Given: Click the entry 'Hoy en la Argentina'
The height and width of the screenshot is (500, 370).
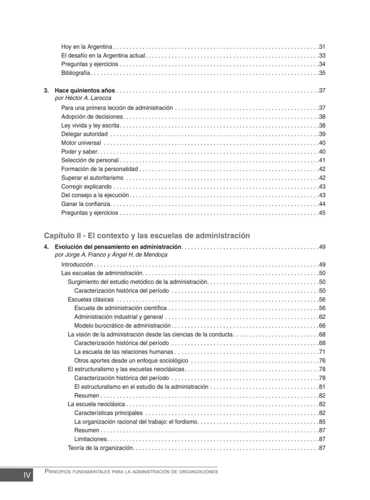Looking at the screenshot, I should [x=87, y=47].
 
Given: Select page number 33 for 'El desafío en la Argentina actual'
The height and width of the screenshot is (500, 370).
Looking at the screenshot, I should [x=322, y=56].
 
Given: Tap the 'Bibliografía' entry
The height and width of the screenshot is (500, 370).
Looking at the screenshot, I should [x=76, y=73].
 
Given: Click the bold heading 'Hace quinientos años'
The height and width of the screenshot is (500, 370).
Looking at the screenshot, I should [x=84, y=91].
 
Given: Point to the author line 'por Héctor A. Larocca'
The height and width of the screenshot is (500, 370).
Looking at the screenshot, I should [x=83, y=98].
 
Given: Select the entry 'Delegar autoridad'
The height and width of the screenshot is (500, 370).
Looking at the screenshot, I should [x=84, y=134].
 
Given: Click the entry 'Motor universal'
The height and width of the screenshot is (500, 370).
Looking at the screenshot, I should [x=81, y=143].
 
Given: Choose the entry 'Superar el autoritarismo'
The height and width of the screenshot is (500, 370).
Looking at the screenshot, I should [x=92, y=178].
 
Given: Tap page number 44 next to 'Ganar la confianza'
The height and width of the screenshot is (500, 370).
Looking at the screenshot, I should [x=322, y=204].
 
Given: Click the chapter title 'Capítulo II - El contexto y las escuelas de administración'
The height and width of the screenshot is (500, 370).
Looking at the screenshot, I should [x=147, y=235].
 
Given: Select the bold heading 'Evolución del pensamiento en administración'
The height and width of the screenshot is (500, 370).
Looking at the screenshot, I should [x=118, y=247].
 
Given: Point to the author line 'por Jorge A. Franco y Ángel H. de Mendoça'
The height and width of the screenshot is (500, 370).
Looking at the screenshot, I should [x=111, y=255].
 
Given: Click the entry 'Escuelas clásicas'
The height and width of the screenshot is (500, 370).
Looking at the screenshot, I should [x=91, y=299].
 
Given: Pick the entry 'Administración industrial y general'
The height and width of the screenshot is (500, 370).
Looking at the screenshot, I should [x=118, y=317].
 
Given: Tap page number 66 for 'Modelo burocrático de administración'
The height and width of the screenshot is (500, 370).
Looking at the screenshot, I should [x=322, y=326].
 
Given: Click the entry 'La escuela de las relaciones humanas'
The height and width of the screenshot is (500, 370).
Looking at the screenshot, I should [x=123, y=352].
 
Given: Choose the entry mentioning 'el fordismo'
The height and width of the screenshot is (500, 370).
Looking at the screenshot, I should [x=136, y=422].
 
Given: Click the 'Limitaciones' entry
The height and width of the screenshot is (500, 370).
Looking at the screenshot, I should [x=91, y=439].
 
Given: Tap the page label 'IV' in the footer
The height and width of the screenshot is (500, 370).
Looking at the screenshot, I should [x=27, y=475].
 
